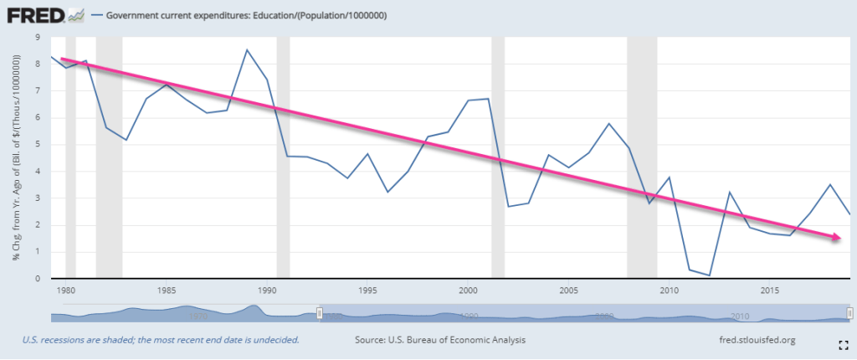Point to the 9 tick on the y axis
(37, 37)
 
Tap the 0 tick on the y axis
(37, 279)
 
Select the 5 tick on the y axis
(37, 144)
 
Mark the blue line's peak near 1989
(247, 49)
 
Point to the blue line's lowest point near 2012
(709, 275)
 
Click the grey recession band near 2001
(498, 159)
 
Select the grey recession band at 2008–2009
(642, 159)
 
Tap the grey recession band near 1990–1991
(283, 159)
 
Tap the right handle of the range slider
(849, 312)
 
